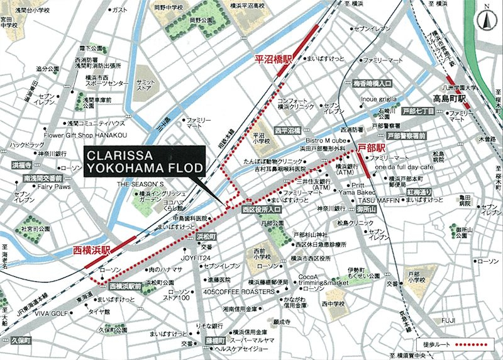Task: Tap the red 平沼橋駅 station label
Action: (x=274, y=59)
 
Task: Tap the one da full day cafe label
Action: (x=404, y=167)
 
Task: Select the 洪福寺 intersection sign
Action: (x=21, y=165)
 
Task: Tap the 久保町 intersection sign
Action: (x=20, y=340)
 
